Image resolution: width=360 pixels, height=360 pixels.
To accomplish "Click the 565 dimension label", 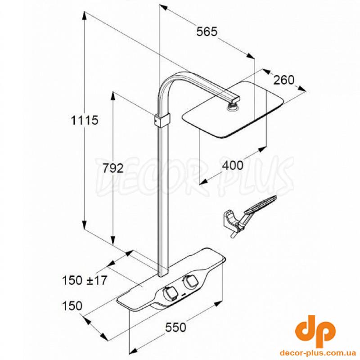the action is tap(207, 31).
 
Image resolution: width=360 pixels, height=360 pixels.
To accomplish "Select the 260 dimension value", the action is tap(284, 80).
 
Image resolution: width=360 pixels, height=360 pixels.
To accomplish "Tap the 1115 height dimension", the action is tap(85, 120).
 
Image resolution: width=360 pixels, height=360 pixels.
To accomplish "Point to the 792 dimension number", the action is tap(113, 168).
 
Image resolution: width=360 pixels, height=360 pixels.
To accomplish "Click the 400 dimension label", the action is tap(233, 165).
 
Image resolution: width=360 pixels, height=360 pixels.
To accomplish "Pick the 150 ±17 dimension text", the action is tap(85, 280).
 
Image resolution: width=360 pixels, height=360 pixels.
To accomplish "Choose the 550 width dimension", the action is tap(175, 327).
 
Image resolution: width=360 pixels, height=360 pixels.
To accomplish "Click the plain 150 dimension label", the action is tap(72, 306).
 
